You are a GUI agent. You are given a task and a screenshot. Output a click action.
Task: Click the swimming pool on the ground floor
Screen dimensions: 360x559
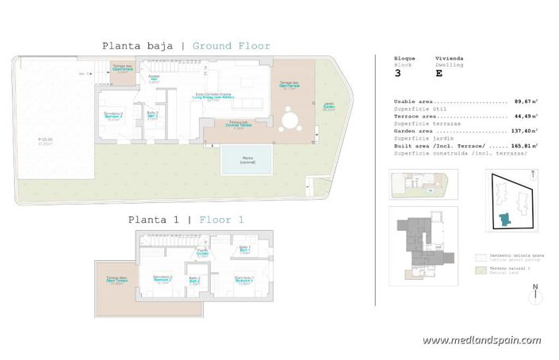point(246,160)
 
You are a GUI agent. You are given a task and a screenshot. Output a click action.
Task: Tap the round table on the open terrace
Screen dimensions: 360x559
point(290,121)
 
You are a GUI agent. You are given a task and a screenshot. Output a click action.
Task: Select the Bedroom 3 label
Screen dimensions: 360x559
point(113,117)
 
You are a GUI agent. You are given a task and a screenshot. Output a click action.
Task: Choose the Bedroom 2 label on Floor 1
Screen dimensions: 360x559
point(162,278)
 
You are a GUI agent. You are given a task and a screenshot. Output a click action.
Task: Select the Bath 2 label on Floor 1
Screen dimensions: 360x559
point(194,280)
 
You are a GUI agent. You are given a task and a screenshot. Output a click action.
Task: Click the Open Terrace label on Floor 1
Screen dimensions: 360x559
point(117,280)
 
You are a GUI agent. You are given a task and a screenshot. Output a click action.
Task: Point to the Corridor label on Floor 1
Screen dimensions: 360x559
point(202,252)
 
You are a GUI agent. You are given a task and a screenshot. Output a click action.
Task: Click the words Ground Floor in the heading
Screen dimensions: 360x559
point(232,46)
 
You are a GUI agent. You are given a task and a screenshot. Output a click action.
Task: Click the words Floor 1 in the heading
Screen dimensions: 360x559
point(221,220)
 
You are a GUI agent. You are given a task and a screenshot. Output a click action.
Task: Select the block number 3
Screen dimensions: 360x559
point(398,73)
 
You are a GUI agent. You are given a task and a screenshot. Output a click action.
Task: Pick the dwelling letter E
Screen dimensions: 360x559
point(438,73)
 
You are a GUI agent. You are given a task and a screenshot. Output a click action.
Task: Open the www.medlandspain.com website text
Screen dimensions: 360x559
point(481,340)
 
